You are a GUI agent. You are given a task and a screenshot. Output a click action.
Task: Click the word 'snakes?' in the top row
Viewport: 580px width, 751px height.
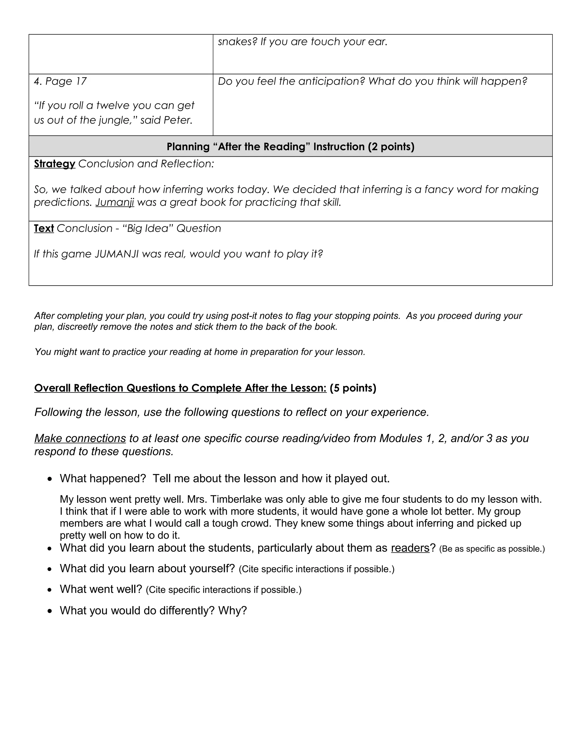point(237,42)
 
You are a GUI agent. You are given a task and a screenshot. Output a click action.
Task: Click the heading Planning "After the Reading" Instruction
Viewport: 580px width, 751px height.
point(290,147)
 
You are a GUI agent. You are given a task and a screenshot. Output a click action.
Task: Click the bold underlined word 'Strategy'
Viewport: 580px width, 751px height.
point(54,164)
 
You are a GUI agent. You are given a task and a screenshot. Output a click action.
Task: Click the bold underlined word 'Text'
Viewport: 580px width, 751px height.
point(44,228)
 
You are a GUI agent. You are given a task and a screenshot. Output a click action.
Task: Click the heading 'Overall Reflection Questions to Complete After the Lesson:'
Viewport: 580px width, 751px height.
point(180,388)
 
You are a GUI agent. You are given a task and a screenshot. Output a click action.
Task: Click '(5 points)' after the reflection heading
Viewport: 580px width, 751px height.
point(353,388)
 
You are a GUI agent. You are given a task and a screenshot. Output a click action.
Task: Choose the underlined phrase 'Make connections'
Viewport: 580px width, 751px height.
point(80,438)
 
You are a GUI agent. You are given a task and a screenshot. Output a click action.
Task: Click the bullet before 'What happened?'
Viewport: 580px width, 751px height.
point(50,479)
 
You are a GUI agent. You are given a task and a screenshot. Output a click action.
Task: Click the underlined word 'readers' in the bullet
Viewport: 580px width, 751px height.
point(410,548)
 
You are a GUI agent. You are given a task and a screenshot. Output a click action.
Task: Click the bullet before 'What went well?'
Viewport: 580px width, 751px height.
point(50,590)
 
